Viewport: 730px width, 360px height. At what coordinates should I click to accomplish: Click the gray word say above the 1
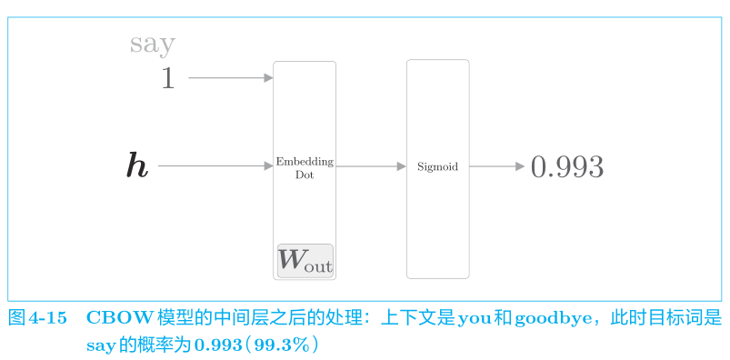pos(152,45)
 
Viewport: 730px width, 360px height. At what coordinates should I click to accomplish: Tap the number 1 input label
pos(167,78)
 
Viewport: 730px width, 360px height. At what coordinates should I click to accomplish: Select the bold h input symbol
pos(137,165)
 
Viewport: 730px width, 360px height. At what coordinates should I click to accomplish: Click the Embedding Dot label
pos(305,168)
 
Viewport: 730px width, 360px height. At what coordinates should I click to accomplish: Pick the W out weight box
pos(305,261)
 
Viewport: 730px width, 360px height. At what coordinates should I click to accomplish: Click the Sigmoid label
pos(437,166)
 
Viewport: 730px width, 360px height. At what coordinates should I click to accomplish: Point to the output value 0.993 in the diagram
pos(567,167)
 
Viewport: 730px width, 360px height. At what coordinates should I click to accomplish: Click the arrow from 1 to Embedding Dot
pos(230,78)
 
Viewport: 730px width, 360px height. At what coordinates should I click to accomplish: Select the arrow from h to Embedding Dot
pos(215,165)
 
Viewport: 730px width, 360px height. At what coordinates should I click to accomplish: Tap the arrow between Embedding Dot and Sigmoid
pos(371,166)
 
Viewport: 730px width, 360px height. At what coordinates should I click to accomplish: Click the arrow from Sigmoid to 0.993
pos(496,166)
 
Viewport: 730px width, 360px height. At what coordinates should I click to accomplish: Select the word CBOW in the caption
pos(120,318)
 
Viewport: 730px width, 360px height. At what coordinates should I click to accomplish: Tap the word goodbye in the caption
pos(549,319)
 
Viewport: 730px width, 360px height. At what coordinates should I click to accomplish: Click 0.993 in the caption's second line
pos(218,345)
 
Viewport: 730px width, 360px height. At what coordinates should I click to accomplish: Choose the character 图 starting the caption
pos(16,318)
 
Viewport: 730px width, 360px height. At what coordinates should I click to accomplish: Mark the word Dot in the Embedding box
pos(305,175)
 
